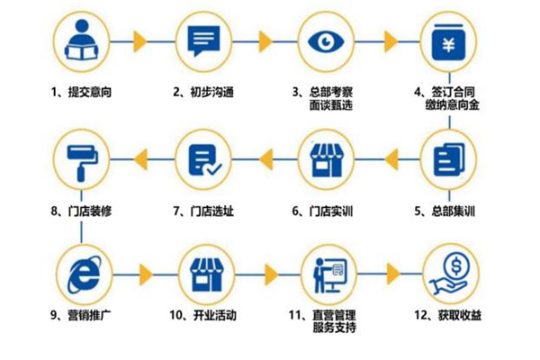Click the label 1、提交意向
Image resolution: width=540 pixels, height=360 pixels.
81,91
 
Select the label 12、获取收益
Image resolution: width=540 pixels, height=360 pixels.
447,315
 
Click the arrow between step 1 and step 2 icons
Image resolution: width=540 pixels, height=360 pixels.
140,40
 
